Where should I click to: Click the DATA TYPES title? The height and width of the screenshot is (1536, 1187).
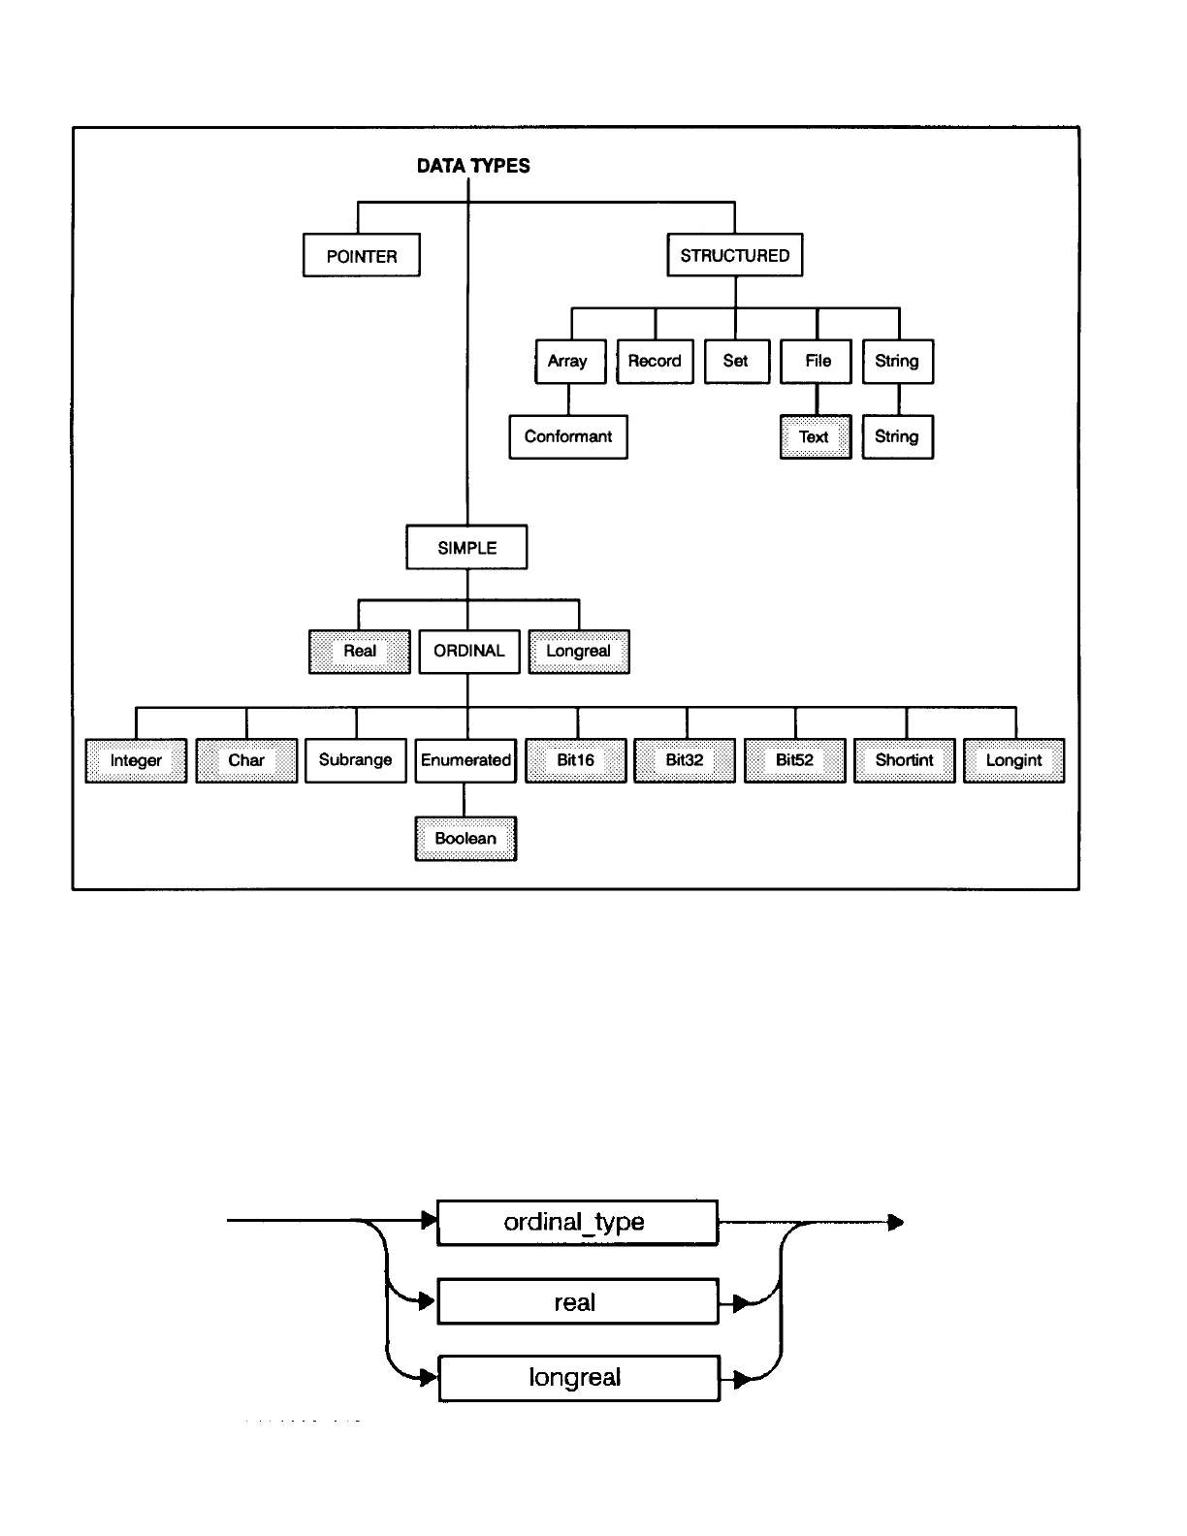coord(473,166)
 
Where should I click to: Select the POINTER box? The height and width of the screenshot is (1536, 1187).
coord(362,256)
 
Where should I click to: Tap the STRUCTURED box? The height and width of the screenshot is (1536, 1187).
coord(735,256)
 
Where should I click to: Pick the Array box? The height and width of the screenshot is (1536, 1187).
coord(570,362)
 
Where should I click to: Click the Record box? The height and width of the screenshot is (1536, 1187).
coord(655,362)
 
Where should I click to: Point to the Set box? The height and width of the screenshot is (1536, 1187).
coord(736,362)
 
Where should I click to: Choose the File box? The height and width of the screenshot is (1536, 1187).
coord(817,362)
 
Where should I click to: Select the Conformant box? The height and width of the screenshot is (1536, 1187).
coord(568,437)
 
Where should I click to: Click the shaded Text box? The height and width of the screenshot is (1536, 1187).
coord(816,437)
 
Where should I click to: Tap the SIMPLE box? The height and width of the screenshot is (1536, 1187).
coord(466,548)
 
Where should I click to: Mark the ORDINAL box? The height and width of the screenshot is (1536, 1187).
coord(469,652)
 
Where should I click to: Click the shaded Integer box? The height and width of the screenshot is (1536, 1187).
coord(136,761)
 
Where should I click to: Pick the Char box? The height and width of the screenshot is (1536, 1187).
coord(246,761)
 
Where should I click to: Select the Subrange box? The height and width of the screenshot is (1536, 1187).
coord(356,761)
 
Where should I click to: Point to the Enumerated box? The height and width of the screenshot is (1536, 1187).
coord(465,761)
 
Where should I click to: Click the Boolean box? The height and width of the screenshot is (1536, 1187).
coord(465,839)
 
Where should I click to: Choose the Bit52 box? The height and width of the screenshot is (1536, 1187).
coord(795,761)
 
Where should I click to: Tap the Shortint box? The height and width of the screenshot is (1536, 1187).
coord(905,761)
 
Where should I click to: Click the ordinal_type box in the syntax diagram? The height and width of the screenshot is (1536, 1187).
coord(577,1223)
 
